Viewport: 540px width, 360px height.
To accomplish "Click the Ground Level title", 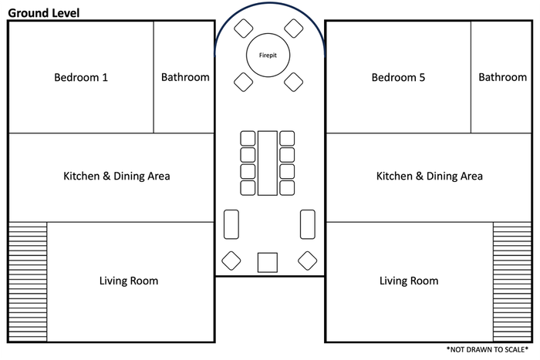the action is [x=44, y=13].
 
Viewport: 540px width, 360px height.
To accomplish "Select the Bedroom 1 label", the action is [x=81, y=77].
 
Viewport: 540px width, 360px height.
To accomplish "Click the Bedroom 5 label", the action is [x=398, y=77].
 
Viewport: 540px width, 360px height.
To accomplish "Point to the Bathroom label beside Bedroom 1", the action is [x=185, y=77].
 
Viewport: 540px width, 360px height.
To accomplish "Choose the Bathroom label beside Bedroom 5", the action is [x=502, y=77].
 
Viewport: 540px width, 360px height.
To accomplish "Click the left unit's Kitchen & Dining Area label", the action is [x=116, y=176].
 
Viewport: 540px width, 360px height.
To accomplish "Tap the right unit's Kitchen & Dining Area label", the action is [x=429, y=176].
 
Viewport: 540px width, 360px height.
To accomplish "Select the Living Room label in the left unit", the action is [x=129, y=281].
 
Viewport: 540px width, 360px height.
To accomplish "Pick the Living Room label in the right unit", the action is [x=409, y=281].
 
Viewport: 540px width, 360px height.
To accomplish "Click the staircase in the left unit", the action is [x=28, y=282].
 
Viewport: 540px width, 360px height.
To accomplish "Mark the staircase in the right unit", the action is [x=512, y=282].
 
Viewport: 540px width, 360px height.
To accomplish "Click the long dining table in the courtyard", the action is [x=268, y=163].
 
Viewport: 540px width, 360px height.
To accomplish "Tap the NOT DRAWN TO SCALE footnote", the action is [x=488, y=350].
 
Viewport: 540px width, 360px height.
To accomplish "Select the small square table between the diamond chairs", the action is [x=268, y=263].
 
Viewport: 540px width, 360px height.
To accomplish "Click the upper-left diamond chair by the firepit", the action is [x=244, y=29].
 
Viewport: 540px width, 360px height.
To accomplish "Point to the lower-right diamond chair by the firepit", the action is [x=294, y=82].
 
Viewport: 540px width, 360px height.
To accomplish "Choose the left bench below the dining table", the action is [x=231, y=224].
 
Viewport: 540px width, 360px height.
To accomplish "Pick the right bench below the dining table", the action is [x=308, y=224].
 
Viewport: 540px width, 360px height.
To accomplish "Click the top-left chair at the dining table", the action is [x=248, y=138].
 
